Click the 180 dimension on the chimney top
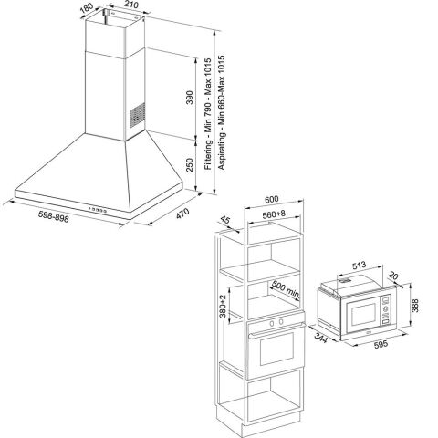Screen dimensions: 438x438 87,11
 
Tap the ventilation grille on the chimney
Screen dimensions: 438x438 136,115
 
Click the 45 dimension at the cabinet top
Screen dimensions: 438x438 225,219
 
